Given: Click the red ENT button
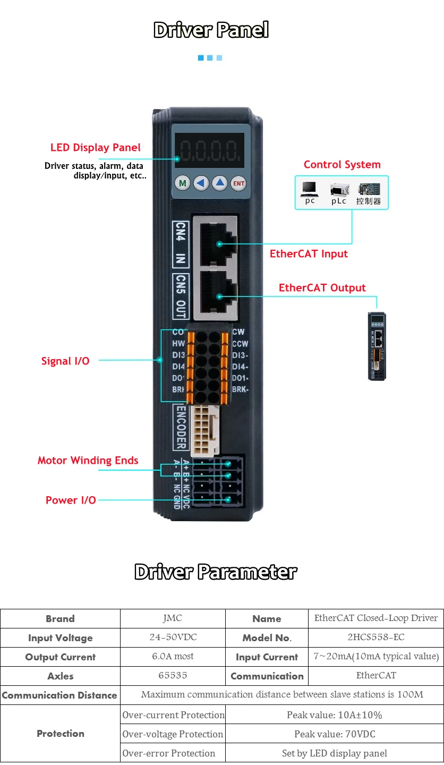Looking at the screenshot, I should coord(239,184).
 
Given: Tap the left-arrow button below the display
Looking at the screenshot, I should coord(201,184).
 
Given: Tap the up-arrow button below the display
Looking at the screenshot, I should coord(220,184).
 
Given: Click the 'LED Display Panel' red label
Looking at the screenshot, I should coord(96,148).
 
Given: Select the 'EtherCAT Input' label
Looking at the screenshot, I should coord(309,254).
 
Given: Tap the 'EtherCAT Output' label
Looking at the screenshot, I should coord(322,288).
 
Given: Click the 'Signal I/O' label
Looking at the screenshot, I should coord(65,361).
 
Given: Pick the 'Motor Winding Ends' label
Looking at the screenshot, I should coord(88,461).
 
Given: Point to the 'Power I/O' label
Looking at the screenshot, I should coord(71,500).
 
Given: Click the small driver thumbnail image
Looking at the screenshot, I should coord(377,346).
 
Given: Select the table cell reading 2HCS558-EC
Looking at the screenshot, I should coord(375,637).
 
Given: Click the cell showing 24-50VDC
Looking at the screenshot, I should coord(173,637).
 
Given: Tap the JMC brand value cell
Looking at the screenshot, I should coord(173,618).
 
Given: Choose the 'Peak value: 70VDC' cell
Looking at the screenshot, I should coord(334,734).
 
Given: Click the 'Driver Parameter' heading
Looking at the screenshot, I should coord(216,572).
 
